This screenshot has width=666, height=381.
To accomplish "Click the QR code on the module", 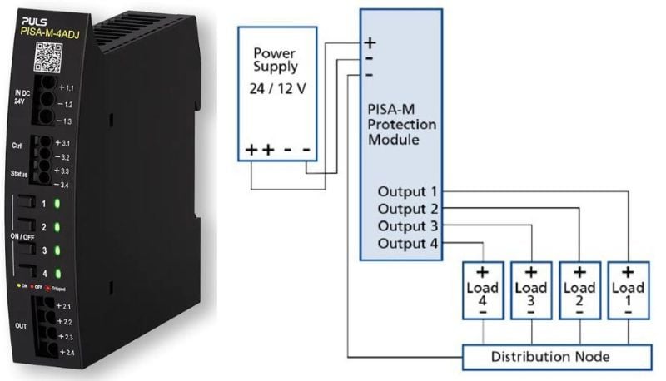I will [49, 57].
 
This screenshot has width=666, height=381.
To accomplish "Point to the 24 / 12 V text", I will [278, 87].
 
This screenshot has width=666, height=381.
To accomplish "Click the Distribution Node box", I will [557, 357].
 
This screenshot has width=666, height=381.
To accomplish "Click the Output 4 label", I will [405, 243].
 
